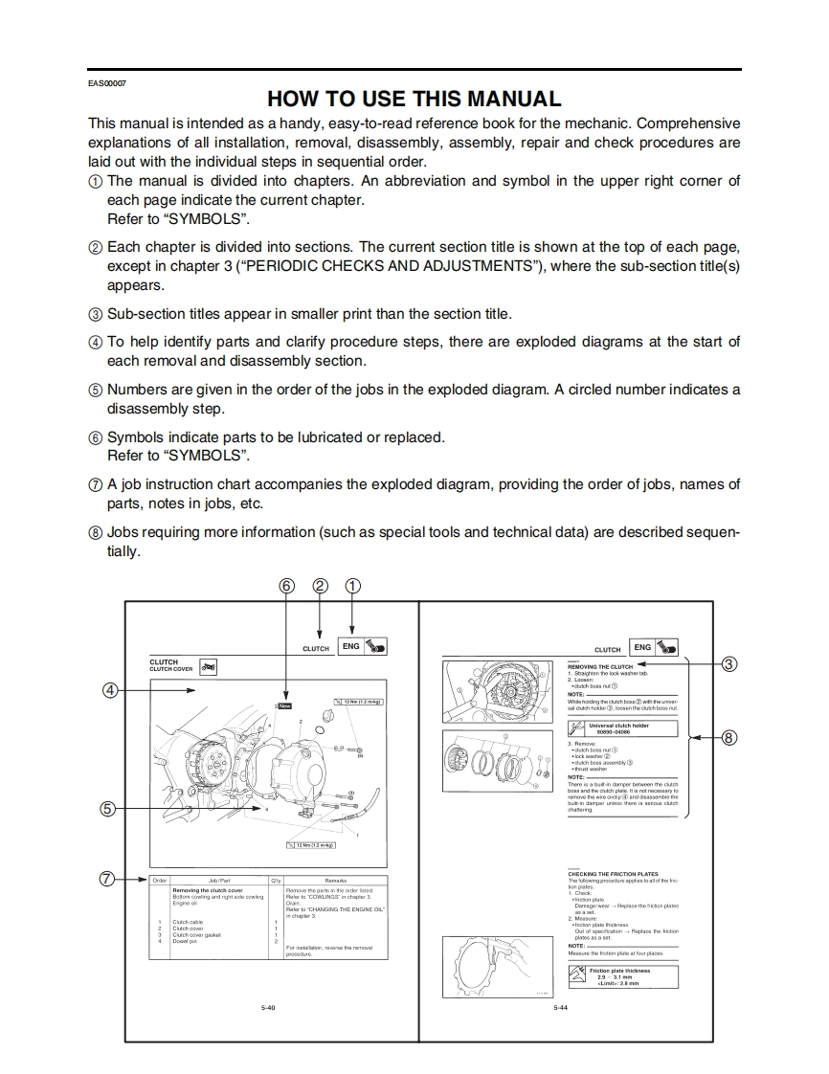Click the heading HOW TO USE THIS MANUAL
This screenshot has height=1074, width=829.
click(x=414, y=99)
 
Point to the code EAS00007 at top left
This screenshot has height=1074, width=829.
click(x=106, y=82)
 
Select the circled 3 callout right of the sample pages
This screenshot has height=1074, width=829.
click(x=729, y=664)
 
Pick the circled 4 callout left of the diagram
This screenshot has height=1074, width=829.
click(x=111, y=690)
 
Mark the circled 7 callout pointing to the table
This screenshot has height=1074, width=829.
click(x=111, y=879)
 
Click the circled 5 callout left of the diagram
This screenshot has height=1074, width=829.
click(x=111, y=809)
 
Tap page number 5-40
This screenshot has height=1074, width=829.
click(x=269, y=1007)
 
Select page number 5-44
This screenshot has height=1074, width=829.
click(x=560, y=1007)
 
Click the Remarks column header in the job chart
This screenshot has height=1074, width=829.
click(x=335, y=880)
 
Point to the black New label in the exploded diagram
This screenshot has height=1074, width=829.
click(x=284, y=705)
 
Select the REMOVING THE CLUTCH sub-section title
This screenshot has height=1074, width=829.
click(x=600, y=666)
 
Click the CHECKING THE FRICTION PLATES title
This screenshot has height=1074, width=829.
click(x=613, y=874)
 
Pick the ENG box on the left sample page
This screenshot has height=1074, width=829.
click(x=351, y=646)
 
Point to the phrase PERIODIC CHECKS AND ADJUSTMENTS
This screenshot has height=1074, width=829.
click(x=391, y=265)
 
